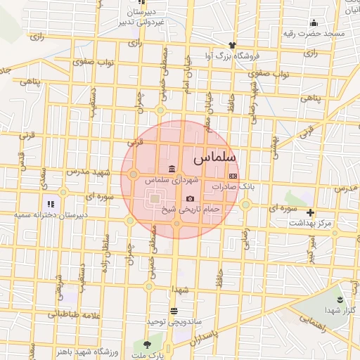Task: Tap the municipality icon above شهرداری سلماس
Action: click(173, 168)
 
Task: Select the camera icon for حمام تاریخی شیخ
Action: click(190, 199)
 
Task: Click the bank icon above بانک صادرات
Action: click(233, 176)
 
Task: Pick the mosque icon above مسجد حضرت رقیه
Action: click(314, 22)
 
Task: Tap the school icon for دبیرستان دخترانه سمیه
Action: click(50, 204)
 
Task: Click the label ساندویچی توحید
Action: click(174, 321)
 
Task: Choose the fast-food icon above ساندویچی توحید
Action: click(174, 311)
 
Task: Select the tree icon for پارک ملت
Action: click(147, 345)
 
